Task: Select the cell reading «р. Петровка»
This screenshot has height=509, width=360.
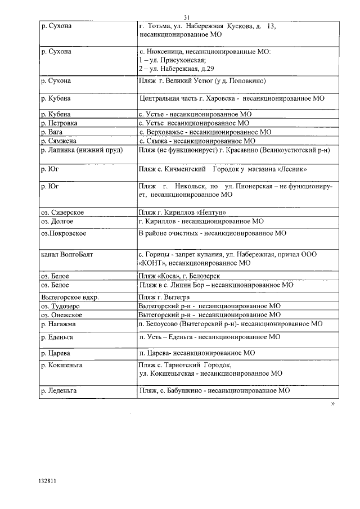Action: coord(60,123)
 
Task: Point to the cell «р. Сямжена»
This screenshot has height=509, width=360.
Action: coord(59,141)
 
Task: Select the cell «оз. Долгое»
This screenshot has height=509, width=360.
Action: coord(58,221)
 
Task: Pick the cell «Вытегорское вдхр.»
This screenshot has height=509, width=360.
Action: coord(70,297)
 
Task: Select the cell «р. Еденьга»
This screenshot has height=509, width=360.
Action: coord(57,337)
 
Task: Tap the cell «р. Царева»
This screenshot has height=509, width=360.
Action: coord(56,353)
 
